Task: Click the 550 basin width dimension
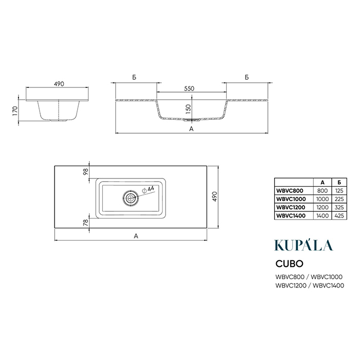click(189, 88)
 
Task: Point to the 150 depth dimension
click(188, 109)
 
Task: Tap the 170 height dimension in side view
click(15, 111)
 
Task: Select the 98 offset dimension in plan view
click(85, 171)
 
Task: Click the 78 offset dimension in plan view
click(85, 223)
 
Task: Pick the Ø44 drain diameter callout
click(148, 189)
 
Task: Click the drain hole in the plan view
click(131, 197)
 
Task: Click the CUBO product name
click(289, 263)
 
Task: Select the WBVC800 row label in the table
click(290, 191)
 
